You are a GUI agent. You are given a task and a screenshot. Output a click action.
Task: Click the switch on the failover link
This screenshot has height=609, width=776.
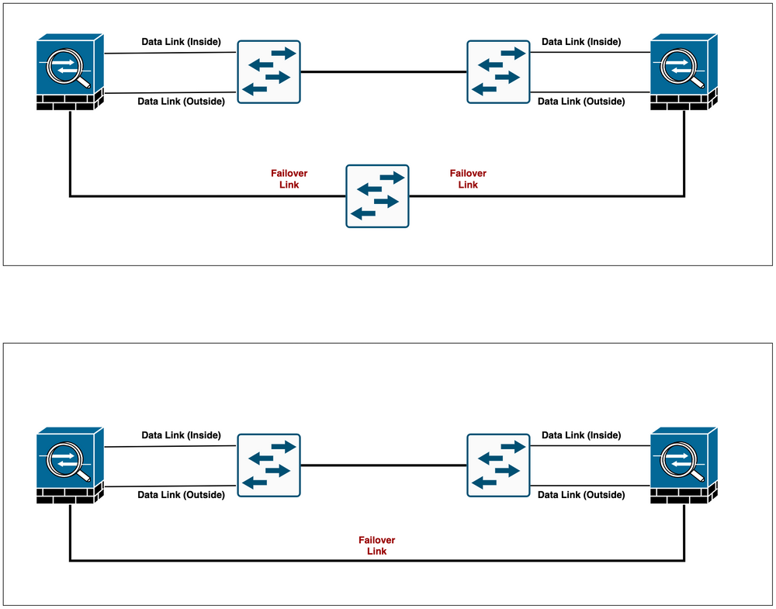tap(378, 196)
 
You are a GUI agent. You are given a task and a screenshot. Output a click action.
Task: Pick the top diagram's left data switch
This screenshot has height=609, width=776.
tap(268, 71)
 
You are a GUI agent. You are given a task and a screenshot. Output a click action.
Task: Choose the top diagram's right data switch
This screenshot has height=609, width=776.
tap(497, 71)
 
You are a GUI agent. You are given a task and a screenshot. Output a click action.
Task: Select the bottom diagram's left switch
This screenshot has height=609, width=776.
tap(268, 465)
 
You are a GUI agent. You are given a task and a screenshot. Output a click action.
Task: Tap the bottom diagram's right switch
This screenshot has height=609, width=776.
tap(497, 465)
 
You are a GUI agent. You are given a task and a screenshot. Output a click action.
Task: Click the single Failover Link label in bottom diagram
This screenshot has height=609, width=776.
tap(376, 545)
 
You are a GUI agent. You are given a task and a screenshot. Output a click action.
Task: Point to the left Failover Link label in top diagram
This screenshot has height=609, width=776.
tap(283, 179)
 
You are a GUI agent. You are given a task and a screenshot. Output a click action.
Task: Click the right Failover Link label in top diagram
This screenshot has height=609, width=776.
tap(468, 179)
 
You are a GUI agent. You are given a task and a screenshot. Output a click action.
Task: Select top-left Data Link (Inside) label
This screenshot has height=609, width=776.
tap(181, 41)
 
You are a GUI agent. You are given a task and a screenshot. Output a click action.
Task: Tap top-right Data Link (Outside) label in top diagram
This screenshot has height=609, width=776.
tap(581, 102)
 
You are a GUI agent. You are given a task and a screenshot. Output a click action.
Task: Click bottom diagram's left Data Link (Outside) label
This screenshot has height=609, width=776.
tap(181, 495)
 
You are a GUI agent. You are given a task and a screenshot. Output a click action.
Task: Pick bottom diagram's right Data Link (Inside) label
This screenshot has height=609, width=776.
tap(581, 435)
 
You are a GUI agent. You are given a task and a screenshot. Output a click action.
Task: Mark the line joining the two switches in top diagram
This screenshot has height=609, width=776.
tap(383, 72)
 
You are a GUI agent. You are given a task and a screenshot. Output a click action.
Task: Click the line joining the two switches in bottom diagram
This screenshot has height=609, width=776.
tap(383, 465)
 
